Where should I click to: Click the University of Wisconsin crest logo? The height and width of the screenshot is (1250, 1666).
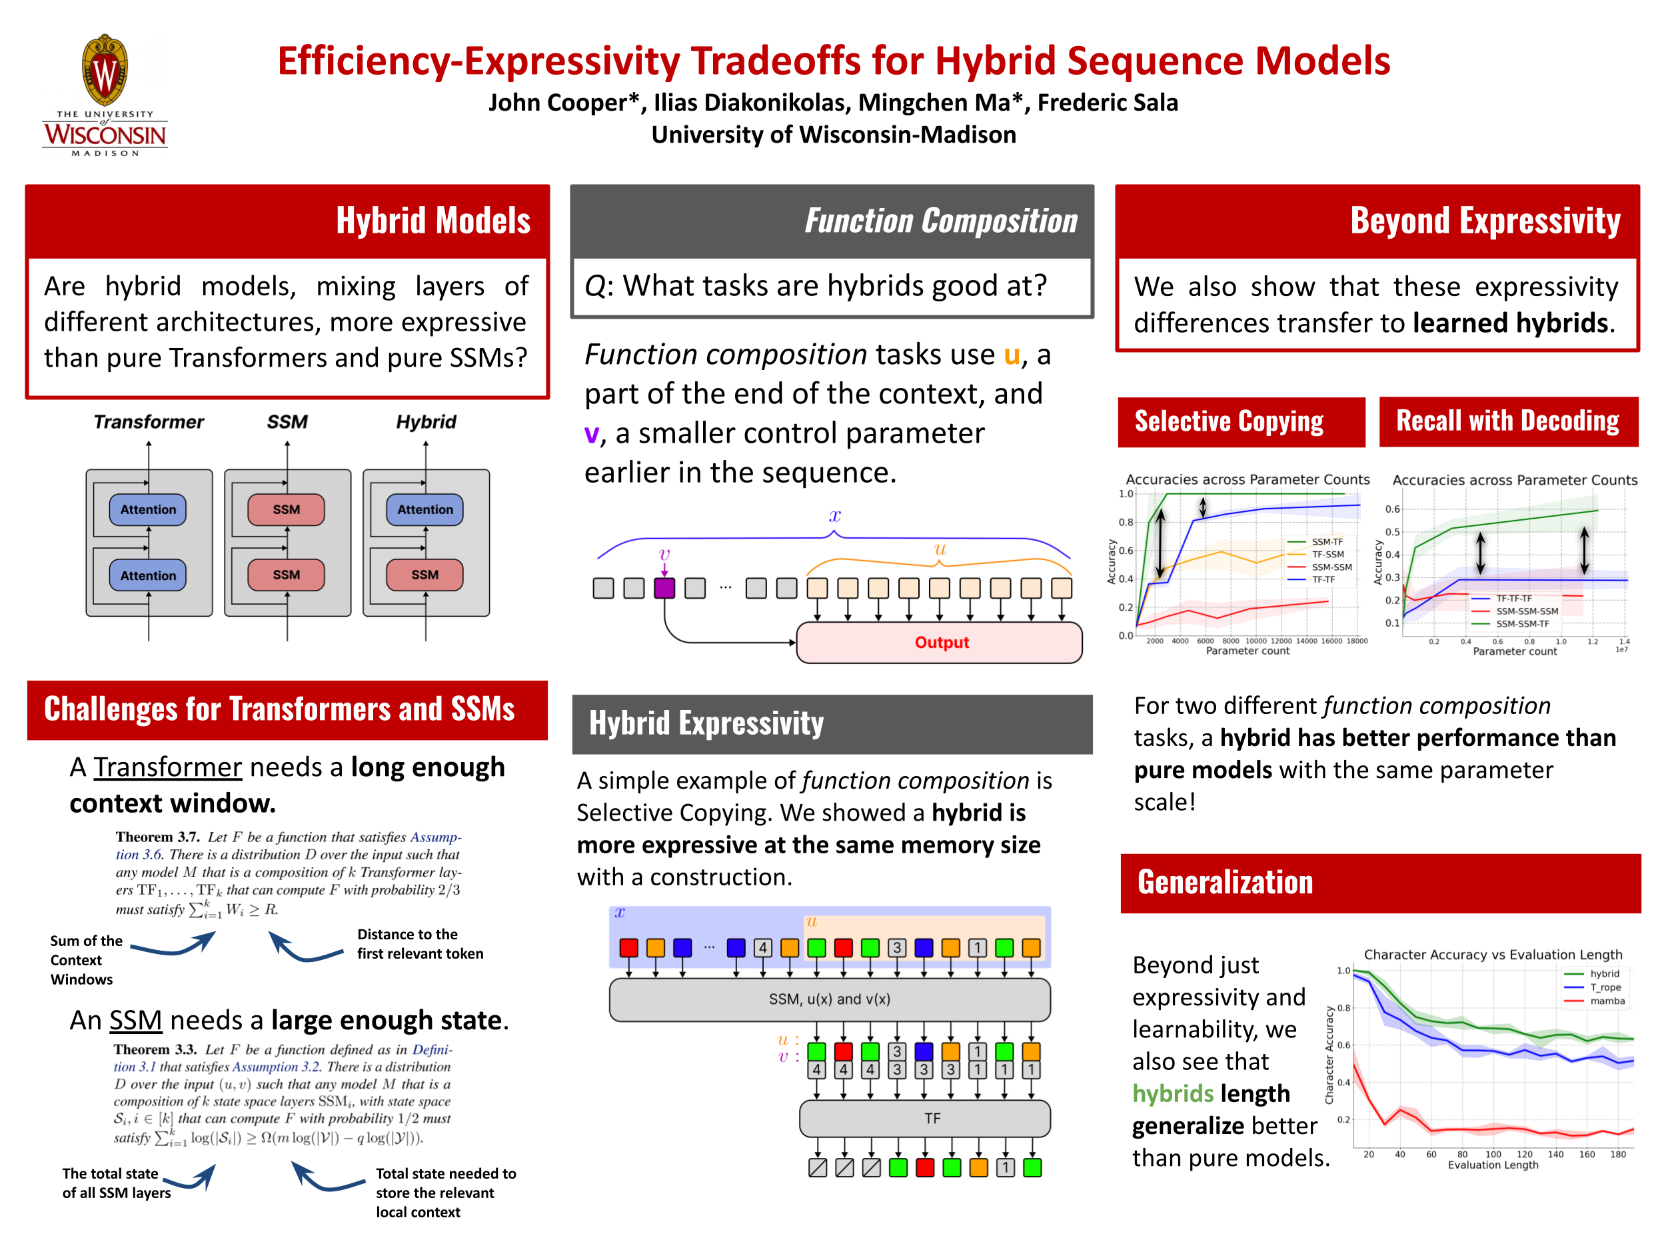pos(105,95)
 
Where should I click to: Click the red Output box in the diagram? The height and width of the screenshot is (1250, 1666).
pos(939,642)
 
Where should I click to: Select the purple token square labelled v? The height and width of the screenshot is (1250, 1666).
pos(664,588)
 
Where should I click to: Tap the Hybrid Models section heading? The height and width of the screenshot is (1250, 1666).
pos(433,221)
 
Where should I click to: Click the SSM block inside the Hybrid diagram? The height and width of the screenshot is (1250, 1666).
pos(424,575)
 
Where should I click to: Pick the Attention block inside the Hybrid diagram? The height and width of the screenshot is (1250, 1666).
pos(424,509)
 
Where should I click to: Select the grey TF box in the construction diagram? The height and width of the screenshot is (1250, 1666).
pos(925,1118)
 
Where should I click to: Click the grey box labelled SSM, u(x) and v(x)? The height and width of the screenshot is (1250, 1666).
pos(830,999)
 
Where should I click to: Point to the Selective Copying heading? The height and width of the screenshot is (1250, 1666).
pos(1228,421)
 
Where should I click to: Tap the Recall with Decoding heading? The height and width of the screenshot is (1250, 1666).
pos(1508,421)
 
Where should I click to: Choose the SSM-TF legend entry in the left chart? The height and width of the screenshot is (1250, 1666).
pos(1315,542)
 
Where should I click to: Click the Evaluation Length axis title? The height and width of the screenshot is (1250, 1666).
pos(1493,1165)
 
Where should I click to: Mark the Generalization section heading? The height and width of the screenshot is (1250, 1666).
pos(1225,882)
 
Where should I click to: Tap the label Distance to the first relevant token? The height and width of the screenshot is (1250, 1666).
pos(420,944)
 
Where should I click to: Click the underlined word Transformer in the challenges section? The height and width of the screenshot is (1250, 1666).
pos(167,767)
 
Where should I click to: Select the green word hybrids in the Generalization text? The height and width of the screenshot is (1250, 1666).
pos(1173,1093)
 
